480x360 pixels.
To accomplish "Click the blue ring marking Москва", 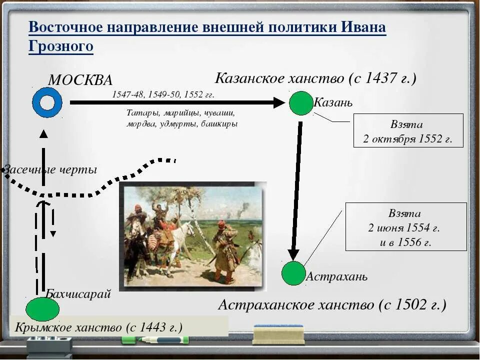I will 47,102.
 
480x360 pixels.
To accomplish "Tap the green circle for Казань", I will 300,103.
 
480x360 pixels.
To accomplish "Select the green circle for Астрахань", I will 293,273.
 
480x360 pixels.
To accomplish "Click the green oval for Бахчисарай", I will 42,309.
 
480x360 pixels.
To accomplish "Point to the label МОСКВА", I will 80,80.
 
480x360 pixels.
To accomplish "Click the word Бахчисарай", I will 78,294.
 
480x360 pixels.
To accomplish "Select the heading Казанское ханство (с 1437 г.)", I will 315,78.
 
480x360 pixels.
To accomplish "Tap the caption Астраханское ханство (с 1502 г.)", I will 332,304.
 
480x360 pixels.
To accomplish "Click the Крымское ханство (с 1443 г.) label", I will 98,327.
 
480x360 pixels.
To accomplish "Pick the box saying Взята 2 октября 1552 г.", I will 408,130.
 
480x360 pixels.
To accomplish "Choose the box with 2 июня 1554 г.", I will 405,227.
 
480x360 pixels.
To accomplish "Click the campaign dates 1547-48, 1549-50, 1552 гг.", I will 163,94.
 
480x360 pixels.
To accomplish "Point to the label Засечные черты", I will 50,169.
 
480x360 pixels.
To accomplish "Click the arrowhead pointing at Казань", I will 278,102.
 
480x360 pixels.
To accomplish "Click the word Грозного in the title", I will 60,46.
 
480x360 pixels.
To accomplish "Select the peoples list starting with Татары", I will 181,118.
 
